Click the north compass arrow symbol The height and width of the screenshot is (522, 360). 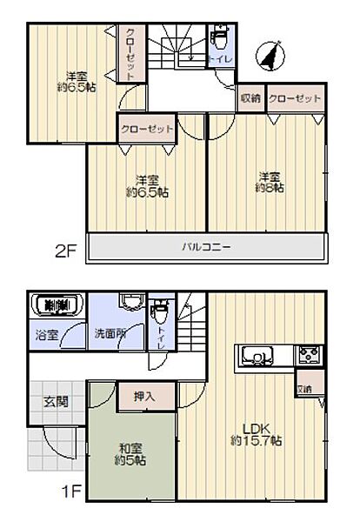pos(272,56)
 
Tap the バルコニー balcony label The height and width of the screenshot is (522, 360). pos(206,247)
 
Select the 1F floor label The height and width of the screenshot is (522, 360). pos(71,492)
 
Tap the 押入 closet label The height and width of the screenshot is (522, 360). pos(145,397)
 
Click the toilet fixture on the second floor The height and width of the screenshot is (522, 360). pos(220,39)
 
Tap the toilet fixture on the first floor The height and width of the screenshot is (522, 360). pos(159,311)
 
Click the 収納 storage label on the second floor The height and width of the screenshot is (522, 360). pos(251,98)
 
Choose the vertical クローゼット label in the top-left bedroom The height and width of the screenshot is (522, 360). pos(129,54)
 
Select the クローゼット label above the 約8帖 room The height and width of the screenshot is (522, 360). pos(295,98)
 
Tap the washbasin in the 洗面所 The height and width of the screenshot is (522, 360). pos(130,304)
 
